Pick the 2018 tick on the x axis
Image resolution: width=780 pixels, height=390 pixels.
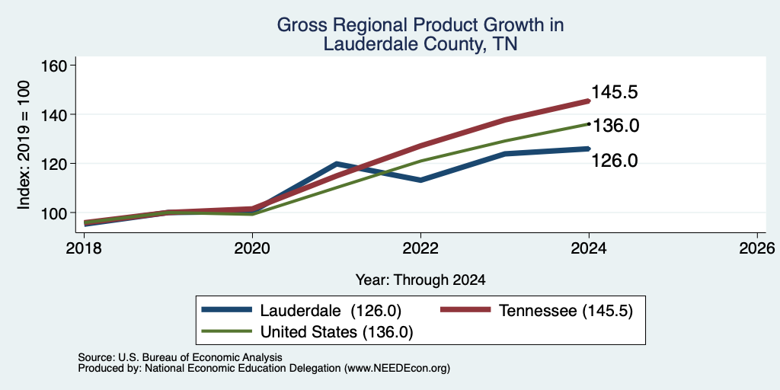[x=84, y=248]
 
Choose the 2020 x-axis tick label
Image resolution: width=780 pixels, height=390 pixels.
[x=252, y=248]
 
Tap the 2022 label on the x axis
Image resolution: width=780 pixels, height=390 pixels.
[x=420, y=248]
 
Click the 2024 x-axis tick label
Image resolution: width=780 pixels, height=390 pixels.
[x=589, y=248]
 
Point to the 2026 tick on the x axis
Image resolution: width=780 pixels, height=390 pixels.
[x=757, y=248]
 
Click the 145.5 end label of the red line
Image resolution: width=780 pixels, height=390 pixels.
[x=615, y=92]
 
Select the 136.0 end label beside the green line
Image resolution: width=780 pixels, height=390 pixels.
[x=615, y=126]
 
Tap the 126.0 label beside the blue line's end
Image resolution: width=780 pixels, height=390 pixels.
[x=615, y=161]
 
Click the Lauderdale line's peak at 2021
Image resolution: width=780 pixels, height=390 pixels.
[x=337, y=163]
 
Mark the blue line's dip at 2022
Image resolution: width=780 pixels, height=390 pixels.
[x=420, y=180]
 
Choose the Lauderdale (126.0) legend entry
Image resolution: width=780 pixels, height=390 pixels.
[x=302, y=311]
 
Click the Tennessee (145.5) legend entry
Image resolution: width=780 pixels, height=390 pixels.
[x=537, y=311]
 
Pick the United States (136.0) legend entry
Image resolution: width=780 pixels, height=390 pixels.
[x=308, y=332]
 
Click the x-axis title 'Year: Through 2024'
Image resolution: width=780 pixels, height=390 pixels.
[x=420, y=280]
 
